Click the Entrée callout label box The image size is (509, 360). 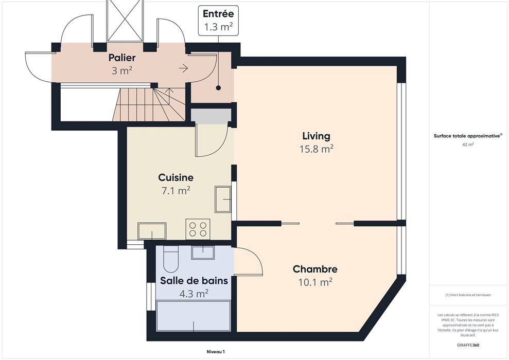[x=218, y=21]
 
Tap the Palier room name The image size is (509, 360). [x=122, y=58]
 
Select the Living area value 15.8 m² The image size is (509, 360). [x=316, y=149]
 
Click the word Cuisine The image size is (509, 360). [x=175, y=177]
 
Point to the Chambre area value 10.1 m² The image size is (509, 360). [x=315, y=282]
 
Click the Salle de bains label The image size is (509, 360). [x=194, y=280]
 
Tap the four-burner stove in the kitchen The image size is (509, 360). [x=198, y=229]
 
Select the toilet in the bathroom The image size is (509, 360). [x=171, y=260]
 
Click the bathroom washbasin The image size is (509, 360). [x=203, y=253]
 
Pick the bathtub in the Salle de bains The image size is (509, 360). [x=194, y=316]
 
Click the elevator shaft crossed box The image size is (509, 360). [x=125, y=21]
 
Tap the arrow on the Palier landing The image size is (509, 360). [x=183, y=68]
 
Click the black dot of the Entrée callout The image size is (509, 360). [x=218, y=88]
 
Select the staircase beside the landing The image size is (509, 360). [x=149, y=104]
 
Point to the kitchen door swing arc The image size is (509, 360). [x=211, y=140]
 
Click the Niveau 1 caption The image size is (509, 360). [x=216, y=352]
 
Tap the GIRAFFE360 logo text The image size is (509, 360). [x=468, y=345]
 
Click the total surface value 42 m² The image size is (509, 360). [x=468, y=145]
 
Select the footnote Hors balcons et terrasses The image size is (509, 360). [x=468, y=295]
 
